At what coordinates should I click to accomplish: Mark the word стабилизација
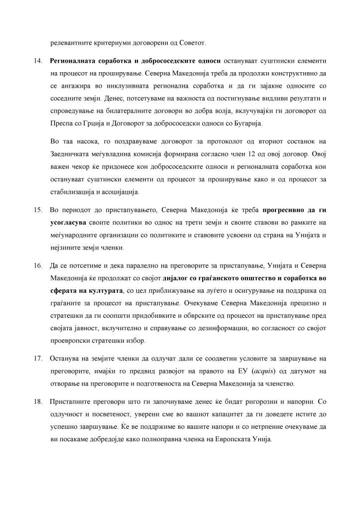[74, 191]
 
